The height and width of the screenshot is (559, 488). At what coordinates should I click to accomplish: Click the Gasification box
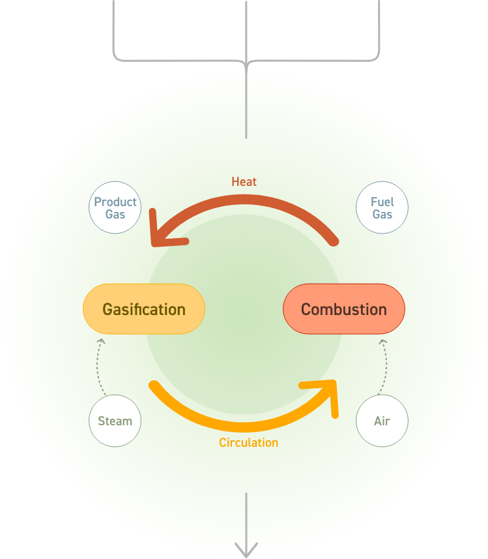point(144,309)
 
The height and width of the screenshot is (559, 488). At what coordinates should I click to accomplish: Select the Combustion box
point(344,309)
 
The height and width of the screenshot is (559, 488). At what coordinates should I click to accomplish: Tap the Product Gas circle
point(115,207)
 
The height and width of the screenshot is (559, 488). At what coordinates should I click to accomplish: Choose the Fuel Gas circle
point(382,207)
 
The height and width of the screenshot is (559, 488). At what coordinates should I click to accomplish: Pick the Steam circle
point(115,421)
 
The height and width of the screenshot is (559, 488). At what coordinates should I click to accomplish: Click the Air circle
point(382,421)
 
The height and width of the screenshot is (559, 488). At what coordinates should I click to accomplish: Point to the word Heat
point(244,182)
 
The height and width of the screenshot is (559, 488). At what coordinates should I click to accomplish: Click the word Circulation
point(249,442)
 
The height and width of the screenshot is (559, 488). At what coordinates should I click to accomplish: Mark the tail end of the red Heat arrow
point(334,241)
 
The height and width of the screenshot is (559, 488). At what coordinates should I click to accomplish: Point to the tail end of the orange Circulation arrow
point(154,385)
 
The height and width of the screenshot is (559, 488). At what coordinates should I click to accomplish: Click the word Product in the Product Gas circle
point(115,202)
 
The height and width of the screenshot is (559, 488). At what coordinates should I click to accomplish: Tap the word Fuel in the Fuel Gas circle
point(382,202)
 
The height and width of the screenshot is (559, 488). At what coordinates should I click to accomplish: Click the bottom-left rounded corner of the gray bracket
point(117,58)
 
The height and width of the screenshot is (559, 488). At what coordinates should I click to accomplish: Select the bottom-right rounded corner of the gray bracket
point(376,58)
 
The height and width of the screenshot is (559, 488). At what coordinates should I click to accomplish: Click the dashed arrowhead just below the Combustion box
point(383,342)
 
